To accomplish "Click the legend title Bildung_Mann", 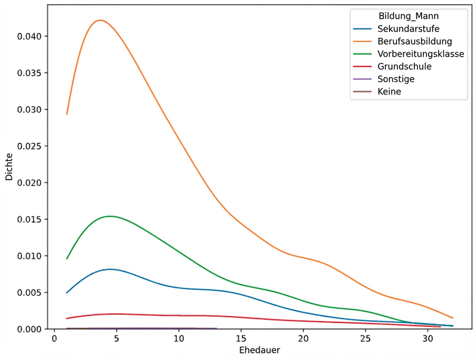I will coord(408,16).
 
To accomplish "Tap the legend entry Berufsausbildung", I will coord(415,41).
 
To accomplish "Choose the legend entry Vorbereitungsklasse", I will coord(421,54).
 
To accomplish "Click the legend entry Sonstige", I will coord(396,79).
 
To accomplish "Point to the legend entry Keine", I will coord(389,92).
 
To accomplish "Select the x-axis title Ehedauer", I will coord(259,350).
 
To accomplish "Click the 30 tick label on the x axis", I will coord(428,338).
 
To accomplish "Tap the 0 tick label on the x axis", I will coord(54,338).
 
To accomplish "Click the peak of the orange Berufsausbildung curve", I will coord(100,20).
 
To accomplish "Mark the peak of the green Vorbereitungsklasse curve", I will coord(110,216).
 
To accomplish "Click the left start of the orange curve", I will coord(67,114).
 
